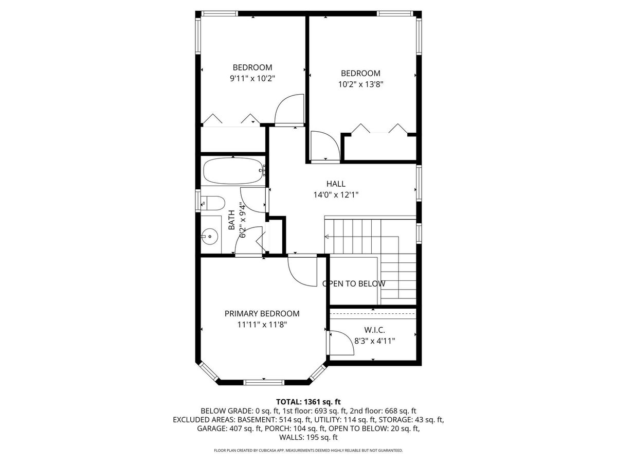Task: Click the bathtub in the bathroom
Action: coord(234,171)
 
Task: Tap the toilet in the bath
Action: coord(213,203)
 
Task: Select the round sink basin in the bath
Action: coord(210,237)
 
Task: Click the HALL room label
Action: coord(336,184)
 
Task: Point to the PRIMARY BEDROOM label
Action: coord(262,313)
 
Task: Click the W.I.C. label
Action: coord(374,330)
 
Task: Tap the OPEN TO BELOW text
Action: coord(354,283)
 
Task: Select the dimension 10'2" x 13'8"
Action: coord(360,84)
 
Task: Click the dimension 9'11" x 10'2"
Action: coord(252,78)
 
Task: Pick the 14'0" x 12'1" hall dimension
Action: coord(336,194)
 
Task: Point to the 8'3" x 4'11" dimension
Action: coord(374,341)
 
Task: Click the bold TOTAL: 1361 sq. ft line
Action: coord(308,402)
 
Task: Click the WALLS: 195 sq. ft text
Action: coord(308,437)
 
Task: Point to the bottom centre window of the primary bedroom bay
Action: coord(264,382)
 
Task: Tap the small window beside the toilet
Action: coord(198,201)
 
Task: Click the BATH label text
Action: coord(231,220)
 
